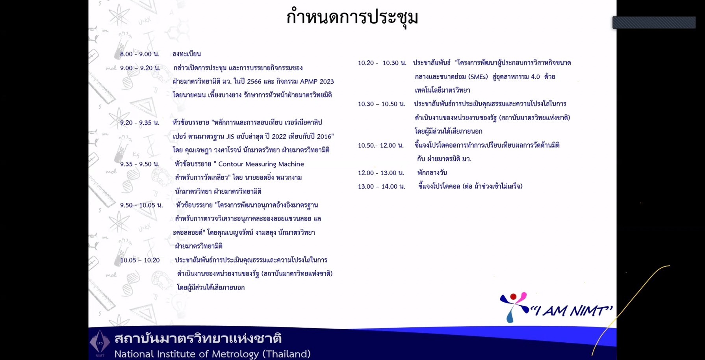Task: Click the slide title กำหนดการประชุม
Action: pyautogui.click(x=352, y=17)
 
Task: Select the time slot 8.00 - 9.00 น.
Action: pyautogui.click(x=140, y=54)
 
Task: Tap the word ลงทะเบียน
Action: pyautogui.click(x=187, y=54)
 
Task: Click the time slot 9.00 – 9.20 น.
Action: pyautogui.click(x=140, y=68)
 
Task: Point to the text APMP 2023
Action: pyautogui.click(x=317, y=82)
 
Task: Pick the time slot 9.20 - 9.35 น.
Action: pyautogui.click(x=140, y=122)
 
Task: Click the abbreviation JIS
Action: pyautogui.click(x=230, y=136)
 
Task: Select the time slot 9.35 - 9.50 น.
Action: pyautogui.click(x=140, y=164)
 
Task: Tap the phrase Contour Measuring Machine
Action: pyautogui.click(x=261, y=164)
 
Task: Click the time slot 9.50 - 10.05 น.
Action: pyautogui.click(x=141, y=205)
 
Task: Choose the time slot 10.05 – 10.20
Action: pyautogui.click(x=140, y=260)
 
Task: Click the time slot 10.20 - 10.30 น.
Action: pyautogui.click(x=382, y=63)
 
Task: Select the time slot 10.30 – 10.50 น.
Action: pyautogui.click(x=381, y=104)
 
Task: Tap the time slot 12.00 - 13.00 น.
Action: pyautogui.click(x=381, y=173)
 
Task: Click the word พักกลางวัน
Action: pyautogui.click(x=432, y=173)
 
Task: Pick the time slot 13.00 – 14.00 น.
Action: pyautogui.click(x=381, y=186)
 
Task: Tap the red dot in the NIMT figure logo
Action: pyautogui.click(x=513, y=297)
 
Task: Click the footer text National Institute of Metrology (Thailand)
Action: pyautogui.click(x=213, y=354)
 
